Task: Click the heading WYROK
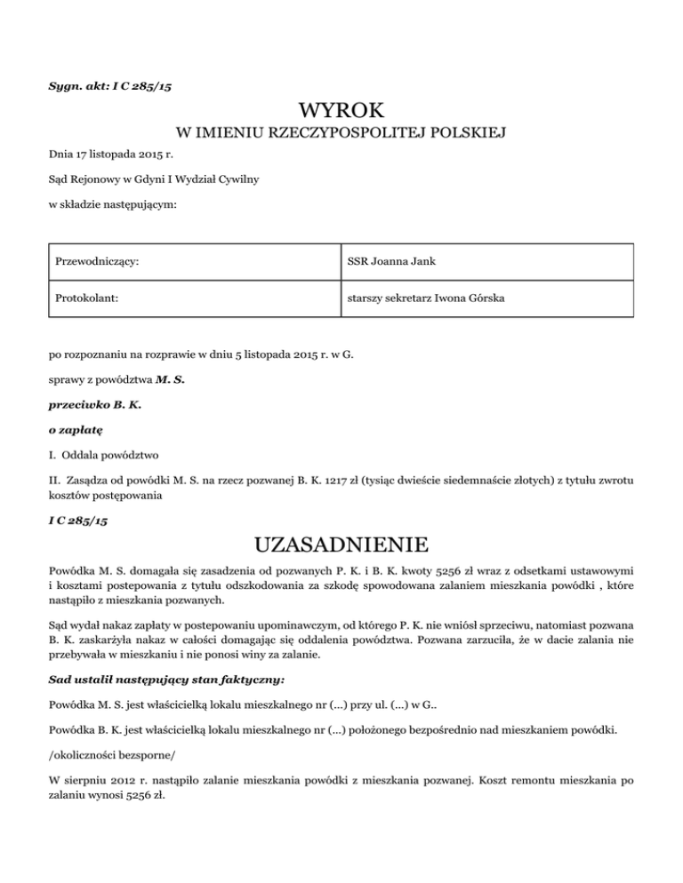point(341,110)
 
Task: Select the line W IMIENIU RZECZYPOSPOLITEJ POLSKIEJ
point(341,134)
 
